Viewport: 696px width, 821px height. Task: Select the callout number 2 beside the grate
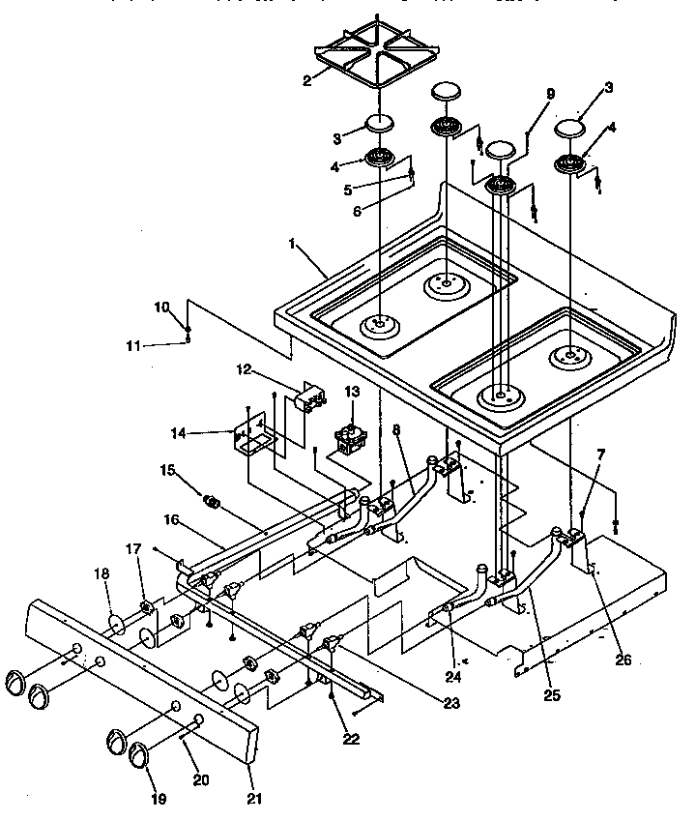point(306,80)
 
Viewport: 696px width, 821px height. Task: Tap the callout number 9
point(550,94)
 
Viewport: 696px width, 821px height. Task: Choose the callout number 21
point(253,799)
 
